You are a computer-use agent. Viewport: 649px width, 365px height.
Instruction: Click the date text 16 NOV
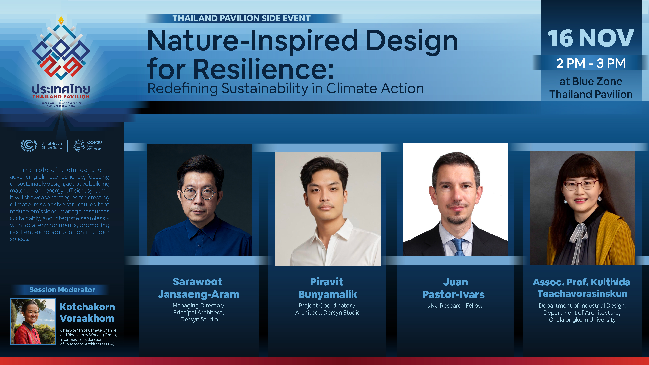click(591, 38)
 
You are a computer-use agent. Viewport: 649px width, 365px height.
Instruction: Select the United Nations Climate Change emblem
click(28, 145)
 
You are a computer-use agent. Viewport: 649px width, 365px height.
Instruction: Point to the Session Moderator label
click(62, 290)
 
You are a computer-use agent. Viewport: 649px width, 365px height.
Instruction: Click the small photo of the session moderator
click(33, 321)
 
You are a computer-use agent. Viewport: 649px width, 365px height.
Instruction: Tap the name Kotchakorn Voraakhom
click(87, 313)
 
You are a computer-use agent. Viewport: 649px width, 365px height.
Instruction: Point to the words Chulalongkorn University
click(582, 320)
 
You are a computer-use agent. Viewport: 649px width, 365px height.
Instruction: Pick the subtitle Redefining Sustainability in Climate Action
click(285, 89)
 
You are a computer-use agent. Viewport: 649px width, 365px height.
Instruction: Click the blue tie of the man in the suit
click(459, 247)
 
